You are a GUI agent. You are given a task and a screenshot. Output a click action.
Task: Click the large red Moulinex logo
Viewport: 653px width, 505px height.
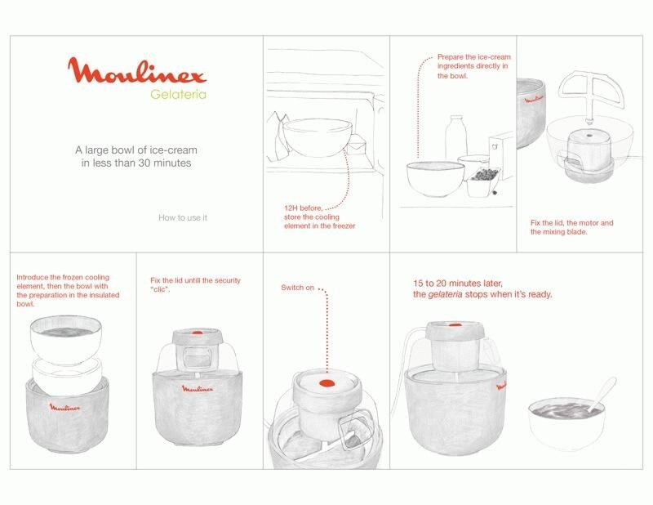[x=137, y=71]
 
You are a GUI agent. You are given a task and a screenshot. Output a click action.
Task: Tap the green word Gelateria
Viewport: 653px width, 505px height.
[x=178, y=94]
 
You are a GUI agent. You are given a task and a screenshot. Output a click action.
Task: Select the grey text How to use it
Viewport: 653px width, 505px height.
[x=182, y=217]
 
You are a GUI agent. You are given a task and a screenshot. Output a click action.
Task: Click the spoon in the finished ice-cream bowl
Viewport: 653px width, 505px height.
[x=602, y=394]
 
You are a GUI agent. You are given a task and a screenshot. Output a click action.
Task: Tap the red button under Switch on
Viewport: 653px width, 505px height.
[x=326, y=383]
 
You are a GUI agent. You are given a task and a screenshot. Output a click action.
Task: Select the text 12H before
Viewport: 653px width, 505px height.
[x=303, y=208]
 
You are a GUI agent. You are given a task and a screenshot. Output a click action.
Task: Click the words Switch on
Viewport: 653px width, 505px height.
[x=297, y=288]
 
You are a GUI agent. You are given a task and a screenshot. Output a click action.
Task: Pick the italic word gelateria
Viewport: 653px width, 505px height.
[x=445, y=294]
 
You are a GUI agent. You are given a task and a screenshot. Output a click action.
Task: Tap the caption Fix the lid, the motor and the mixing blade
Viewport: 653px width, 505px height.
[x=572, y=227]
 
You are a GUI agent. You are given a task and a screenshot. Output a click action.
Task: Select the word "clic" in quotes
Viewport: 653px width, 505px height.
[x=160, y=289]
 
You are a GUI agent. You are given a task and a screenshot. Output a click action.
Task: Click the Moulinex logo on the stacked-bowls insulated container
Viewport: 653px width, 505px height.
[x=65, y=407]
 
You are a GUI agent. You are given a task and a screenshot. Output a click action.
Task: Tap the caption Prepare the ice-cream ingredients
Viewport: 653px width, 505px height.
[x=473, y=66]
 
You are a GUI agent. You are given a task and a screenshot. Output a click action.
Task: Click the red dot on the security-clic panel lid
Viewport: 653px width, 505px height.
[x=198, y=333]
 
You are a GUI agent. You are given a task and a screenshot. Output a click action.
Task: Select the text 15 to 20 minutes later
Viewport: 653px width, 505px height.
[x=458, y=284]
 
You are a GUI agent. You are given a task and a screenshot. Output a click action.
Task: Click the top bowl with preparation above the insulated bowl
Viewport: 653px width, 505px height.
[x=66, y=339]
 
